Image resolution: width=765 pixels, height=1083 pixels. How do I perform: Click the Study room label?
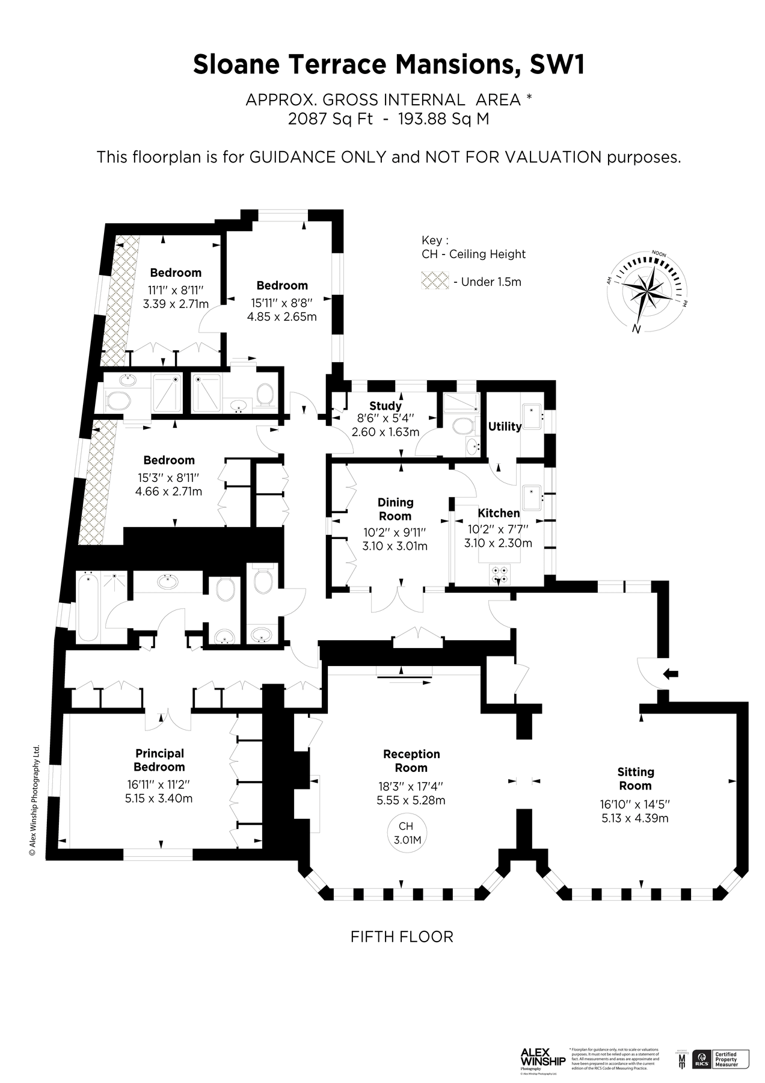pyautogui.click(x=385, y=406)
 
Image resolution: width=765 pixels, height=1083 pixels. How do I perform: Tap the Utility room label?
pyautogui.click(x=504, y=426)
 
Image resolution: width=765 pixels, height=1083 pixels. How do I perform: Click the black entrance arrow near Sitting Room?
pyautogui.click(x=670, y=674)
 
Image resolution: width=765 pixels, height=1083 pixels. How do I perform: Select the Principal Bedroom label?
pyautogui.click(x=159, y=760)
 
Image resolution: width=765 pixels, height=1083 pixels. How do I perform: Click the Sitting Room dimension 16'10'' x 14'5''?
pyautogui.click(x=635, y=804)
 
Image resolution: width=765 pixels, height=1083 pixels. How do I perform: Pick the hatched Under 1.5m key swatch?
pyautogui.click(x=435, y=280)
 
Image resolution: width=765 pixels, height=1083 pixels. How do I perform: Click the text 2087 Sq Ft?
pyautogui.click(x=330, y=119)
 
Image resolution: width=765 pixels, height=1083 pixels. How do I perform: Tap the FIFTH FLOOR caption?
pyautogui.click(x=401, y=937)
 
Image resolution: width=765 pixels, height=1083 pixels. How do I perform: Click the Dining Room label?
pyautogui.click(x=395, y=509)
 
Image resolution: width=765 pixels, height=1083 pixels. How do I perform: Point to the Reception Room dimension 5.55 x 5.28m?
pyautogui.click(x=411, y=800)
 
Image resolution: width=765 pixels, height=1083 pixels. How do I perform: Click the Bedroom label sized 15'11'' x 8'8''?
pyautogui.click(x=282, y=285)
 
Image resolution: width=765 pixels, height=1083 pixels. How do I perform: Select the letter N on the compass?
pyautogui.click(x=635, y=329)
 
